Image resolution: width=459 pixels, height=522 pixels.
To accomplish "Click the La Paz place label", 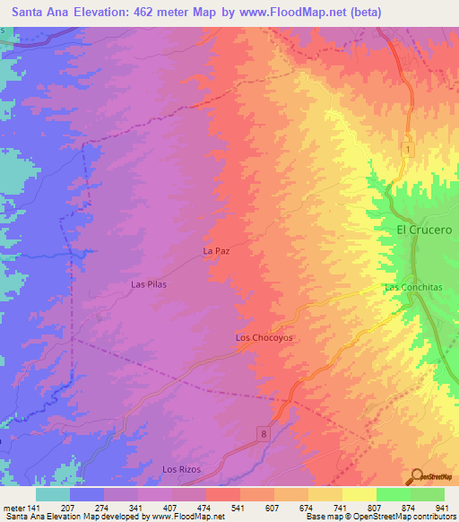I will click(217, 251).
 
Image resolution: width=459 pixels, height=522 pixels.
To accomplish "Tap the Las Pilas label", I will click(150, 284).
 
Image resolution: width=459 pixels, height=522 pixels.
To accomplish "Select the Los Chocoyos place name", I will click(264, 338).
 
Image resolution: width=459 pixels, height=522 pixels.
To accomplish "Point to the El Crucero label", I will click(424, 230).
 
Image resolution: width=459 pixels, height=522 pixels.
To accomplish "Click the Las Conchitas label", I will click(409, 287).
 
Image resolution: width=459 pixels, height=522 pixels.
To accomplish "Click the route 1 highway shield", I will click(407, 150).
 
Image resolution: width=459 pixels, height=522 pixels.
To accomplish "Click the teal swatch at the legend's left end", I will click(53, 493).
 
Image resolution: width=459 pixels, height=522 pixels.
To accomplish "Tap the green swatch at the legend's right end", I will click(427, 493).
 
